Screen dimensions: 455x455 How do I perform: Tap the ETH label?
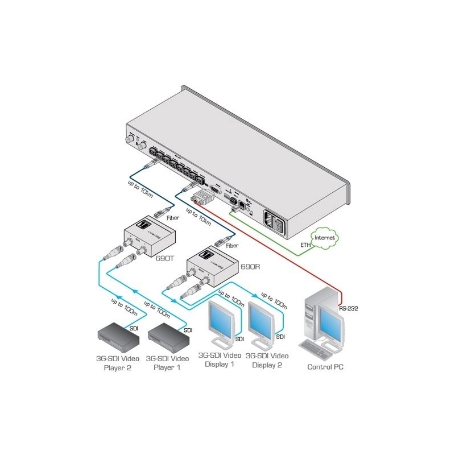tap(307, 246)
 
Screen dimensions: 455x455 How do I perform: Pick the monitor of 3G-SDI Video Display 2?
tap(264, 318)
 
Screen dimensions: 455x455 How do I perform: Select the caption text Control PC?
tap(325, 367)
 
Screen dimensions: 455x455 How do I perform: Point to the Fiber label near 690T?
tap(172, 218)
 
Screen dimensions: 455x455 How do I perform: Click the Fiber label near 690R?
tap(232, 246)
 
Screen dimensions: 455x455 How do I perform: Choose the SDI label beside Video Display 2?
tap(280, 337)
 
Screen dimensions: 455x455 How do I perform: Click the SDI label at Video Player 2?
tap(134, 329)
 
